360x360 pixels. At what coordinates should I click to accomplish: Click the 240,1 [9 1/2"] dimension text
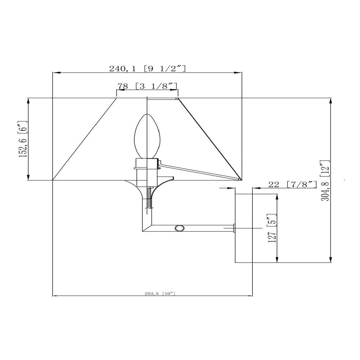(147, 69)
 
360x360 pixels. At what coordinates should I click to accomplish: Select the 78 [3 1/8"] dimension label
(147, 86)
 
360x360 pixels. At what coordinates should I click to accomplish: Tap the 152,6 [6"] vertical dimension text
(23, 139)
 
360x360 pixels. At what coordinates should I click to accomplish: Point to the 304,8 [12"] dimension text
(325, 180)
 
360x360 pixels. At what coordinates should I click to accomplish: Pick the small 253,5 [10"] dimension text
(160, 294)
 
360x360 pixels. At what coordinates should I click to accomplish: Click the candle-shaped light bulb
(147, 136)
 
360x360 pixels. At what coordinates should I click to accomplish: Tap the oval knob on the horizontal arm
(179, 228)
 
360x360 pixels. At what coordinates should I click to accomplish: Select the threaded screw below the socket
(150, 198)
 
